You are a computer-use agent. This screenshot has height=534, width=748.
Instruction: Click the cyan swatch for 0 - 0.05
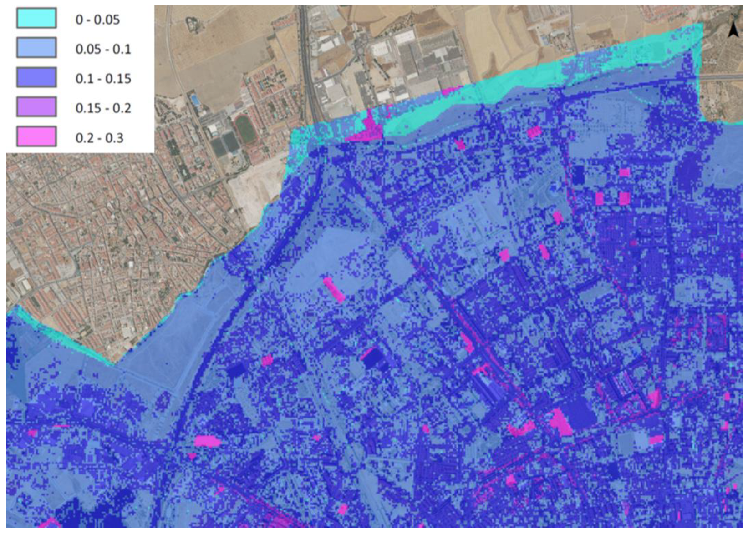pos(36,18)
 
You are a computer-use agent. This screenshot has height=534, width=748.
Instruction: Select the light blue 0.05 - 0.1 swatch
pos(36,48)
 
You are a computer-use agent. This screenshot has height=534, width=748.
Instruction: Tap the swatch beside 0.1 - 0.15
pos(36,77)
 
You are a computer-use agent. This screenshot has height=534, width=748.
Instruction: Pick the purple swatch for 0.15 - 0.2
pos(36,107)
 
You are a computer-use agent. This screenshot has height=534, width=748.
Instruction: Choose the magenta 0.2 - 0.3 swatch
pos(36,136)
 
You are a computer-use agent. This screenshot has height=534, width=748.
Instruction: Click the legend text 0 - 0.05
pos(97,20)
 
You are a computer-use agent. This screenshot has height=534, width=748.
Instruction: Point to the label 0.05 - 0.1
pos(103,49)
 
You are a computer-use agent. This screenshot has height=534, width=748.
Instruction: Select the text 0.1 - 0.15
pos(103,79)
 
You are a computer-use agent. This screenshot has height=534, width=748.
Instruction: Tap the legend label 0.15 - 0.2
pos(103,108)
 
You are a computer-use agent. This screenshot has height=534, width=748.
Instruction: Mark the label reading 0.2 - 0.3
pos(99,138)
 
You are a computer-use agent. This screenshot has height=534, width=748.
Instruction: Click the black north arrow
pos(733,30)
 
